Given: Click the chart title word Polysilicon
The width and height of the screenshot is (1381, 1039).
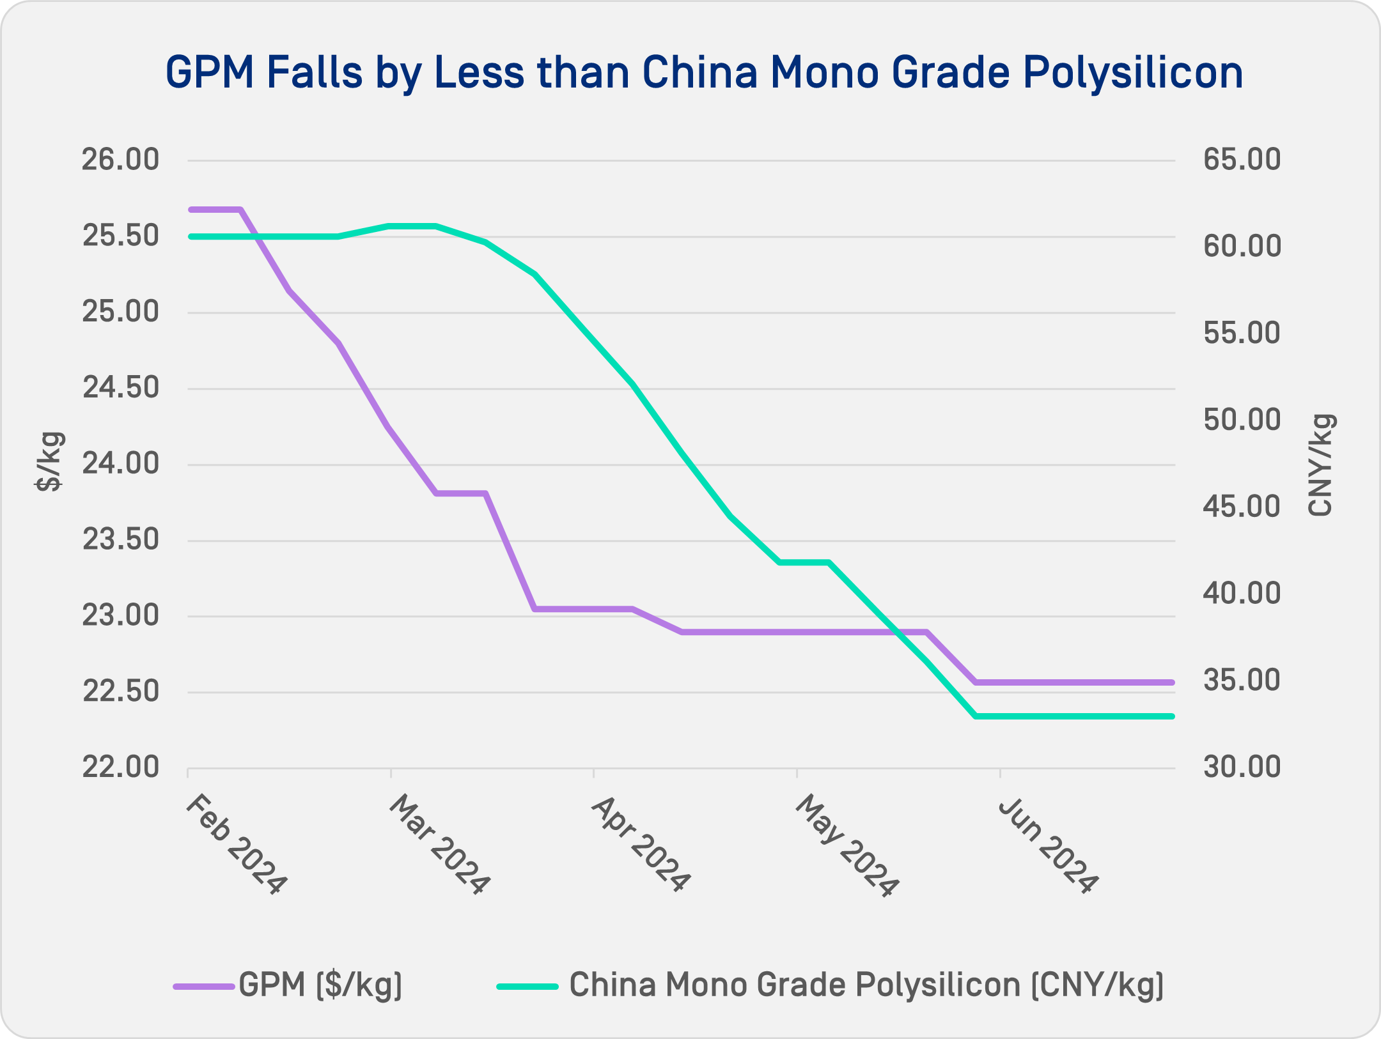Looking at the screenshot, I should pyautogui.click(x=1133, y=73).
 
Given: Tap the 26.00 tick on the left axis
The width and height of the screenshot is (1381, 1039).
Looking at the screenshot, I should pyautogui.click(x=120, y=160).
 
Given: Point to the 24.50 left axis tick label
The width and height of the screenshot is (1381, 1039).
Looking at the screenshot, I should pyautogui.click(x=120, y=388).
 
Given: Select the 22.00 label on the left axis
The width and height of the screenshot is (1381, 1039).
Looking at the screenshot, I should pyautogui.click(x=120, y=767).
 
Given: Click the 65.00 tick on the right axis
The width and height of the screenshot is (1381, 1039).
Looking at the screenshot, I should pyautogui.click(x=1242, y=160).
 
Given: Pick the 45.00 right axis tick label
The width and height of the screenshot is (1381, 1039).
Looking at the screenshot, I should pyautogui.click(x=1242, y=507).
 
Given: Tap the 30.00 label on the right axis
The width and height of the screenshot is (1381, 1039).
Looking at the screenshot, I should pyautogui.click(x=1242, y=767).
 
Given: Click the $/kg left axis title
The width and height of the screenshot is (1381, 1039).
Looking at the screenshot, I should pyautogui.click(x=49, y=461).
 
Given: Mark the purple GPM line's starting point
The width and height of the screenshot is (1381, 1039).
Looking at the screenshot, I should pyautogui.click(x=191, y=210).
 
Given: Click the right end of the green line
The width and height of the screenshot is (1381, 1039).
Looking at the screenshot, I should pyautogui.click(x=1171, y=716).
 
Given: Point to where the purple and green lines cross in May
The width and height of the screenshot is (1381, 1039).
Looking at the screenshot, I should pyautogui.click(x=898, y=632).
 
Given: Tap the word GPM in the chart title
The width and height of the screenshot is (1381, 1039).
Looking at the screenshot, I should pyautogui.click(x=210, y=73).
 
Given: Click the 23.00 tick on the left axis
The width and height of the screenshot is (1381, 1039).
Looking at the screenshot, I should pyautogui.click(x=120, y=616).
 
